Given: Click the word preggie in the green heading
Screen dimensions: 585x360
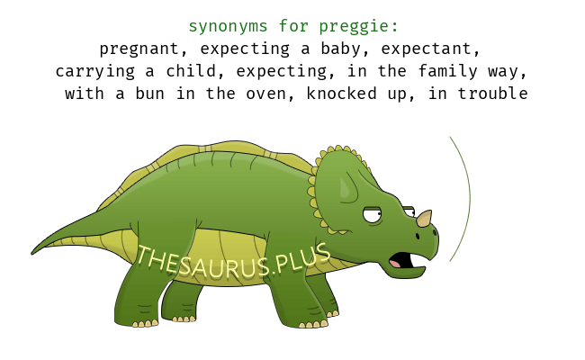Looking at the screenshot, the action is click(355, 27).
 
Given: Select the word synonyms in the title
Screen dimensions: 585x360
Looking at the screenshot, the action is click(228, 26).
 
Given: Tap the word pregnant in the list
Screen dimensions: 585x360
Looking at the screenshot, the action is click(139, 49).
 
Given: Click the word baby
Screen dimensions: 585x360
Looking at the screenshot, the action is click(341, 49).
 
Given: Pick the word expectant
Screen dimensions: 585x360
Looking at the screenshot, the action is click(427, 49).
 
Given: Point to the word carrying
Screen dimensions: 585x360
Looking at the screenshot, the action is click(95, 72).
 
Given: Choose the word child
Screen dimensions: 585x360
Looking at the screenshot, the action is click(191, 71).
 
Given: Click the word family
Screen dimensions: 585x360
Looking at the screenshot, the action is click(447, 71).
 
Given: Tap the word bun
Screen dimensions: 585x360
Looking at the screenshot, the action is click(149, 94).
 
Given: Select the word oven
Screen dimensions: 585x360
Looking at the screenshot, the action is click(265, 94).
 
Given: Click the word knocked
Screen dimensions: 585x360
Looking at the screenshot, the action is click(341, 94).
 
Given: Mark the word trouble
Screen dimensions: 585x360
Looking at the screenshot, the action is click(492, 94).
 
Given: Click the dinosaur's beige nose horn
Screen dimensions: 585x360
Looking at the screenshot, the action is click(424, 219).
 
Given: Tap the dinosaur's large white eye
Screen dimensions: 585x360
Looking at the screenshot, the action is click(372, 215).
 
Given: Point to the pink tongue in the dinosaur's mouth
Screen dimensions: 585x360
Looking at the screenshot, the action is click(395, 264).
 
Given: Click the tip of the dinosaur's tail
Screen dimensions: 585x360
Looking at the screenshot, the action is click(32, 254).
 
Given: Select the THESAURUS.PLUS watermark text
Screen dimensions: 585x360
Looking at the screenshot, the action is click(234, 262).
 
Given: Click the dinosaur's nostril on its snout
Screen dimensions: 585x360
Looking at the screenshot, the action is click(418, 236).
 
